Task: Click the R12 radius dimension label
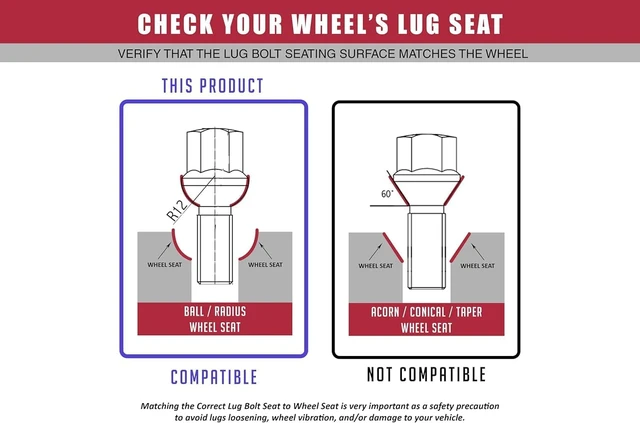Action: tap(178, 211)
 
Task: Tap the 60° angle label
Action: tap(387, 194)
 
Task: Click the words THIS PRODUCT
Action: tap(213, 86)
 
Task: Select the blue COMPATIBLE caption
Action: tap(214, 377)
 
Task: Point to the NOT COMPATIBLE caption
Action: tap(427, 374)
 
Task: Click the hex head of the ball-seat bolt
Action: tap(215, 150)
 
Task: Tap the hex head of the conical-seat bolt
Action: tap(427, 154)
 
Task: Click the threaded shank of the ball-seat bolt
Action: tap(215, 249)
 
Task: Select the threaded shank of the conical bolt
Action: tap(427, 251)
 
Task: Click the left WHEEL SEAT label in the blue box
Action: tap(164, 265)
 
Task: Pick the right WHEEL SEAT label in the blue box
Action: tap(265, 265)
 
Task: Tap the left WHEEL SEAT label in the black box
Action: tap(376, 266)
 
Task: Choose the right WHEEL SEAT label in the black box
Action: tap(478, 266)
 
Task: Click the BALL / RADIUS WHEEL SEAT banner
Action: tap(215, 319)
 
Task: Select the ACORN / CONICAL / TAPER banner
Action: tap(427, 320)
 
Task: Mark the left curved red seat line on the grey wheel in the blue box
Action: tap(180, 246)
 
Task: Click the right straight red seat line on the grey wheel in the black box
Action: tap(460, 247)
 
